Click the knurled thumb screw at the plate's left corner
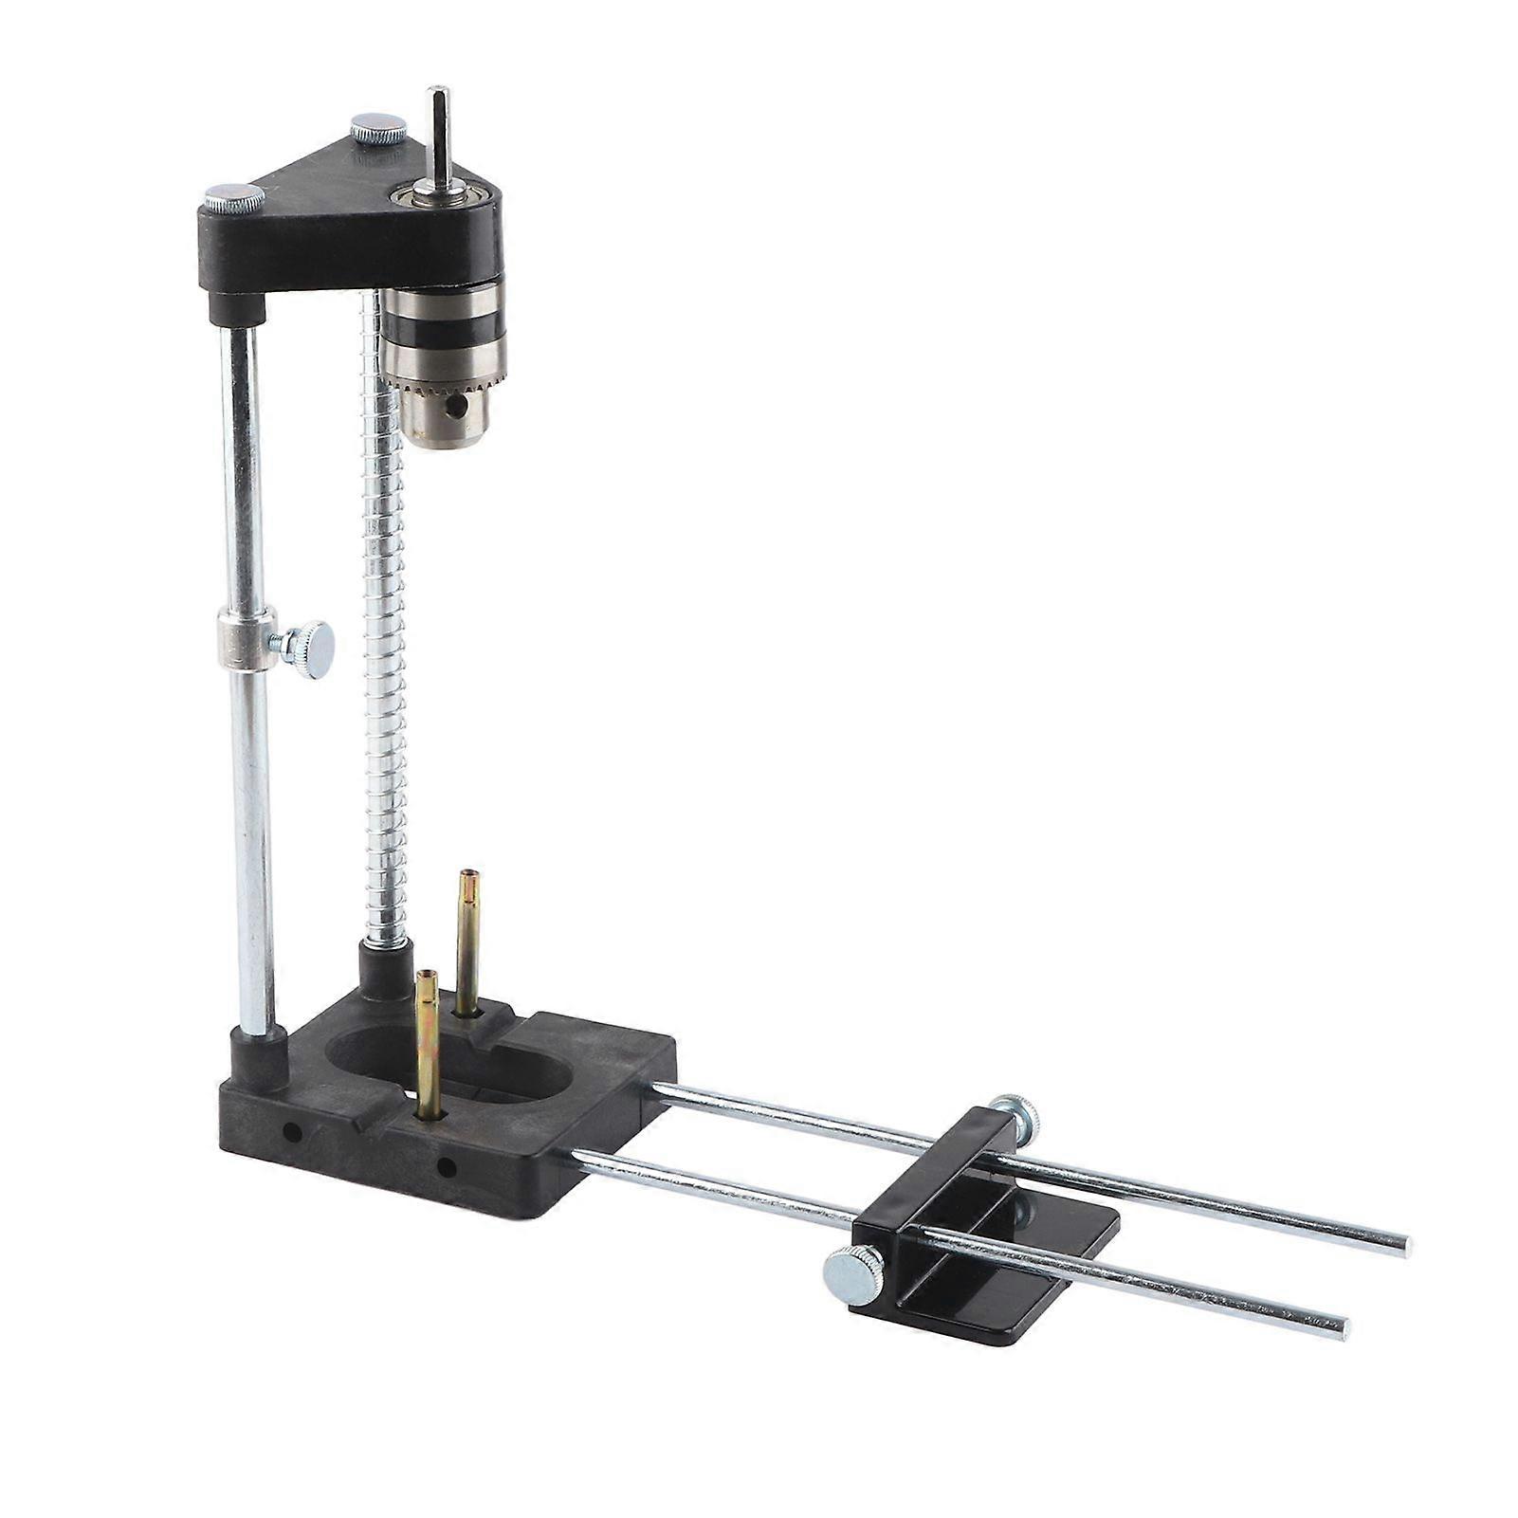click(x=233, y=199)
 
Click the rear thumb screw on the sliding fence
click(x=1016, y=1116)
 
